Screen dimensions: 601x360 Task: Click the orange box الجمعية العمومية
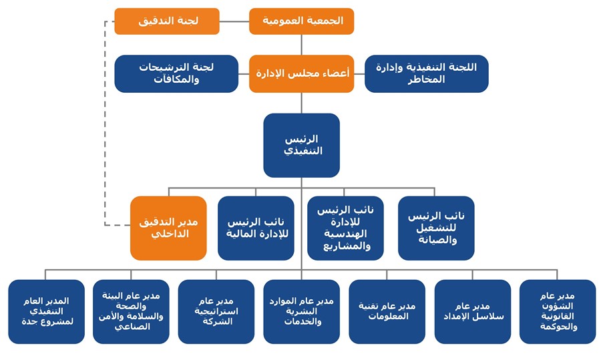[301, 21]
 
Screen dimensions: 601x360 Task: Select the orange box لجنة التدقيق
[167, 21]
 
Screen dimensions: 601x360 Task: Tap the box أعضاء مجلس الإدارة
[301, 73]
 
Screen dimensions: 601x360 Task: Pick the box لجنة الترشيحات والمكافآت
[176, 73]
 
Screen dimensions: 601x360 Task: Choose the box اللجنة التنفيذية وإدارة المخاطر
[427, 73]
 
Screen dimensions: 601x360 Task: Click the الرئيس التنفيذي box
[301, 146]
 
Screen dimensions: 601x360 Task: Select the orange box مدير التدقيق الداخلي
[168, 228]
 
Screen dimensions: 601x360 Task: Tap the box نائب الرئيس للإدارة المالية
[256, 228]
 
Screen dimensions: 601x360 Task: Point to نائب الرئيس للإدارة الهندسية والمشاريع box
[345, 228]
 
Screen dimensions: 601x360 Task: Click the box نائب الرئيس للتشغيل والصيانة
[436, 228]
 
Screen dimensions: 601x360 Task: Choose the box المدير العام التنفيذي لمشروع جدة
[46, 312]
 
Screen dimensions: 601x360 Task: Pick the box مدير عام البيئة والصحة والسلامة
[131, 312]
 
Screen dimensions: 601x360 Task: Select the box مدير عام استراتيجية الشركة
[216, 312]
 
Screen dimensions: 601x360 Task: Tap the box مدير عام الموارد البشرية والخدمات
[301, 312]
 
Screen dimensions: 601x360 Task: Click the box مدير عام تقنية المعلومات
[387, 312]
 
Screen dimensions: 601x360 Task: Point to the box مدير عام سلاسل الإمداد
[473, 312]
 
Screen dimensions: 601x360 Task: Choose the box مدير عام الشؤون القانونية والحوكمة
[558, 312]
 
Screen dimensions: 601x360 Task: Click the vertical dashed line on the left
[105, 123]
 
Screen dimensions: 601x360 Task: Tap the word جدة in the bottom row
[29, 322]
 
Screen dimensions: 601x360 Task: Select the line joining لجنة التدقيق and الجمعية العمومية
[234, 21]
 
